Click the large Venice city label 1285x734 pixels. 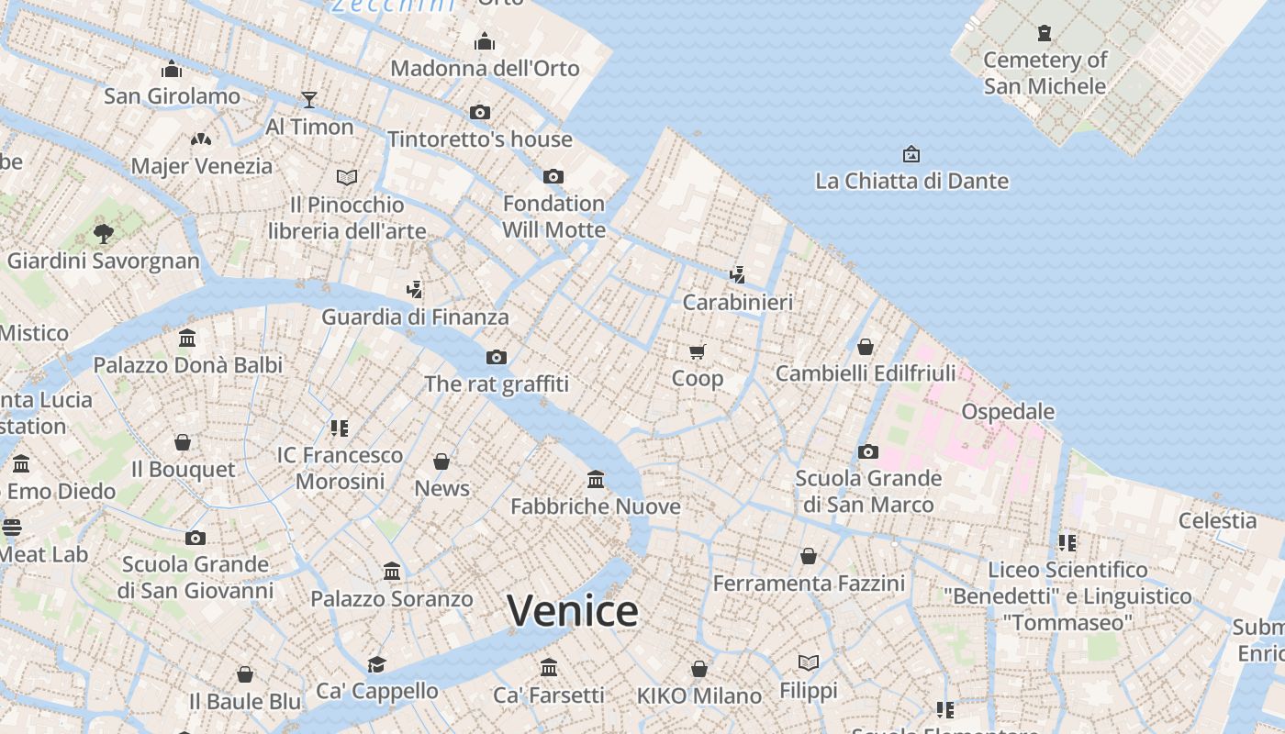572,611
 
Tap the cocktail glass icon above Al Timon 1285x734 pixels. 309,99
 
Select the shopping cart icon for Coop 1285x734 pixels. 698,351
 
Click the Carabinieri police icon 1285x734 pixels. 737,273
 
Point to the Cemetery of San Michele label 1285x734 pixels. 1045,72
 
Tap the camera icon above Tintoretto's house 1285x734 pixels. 479,112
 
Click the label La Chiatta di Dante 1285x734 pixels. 911,181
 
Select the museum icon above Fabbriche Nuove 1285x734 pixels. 596,479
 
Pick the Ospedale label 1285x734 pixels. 1008,411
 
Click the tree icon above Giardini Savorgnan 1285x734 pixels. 103,233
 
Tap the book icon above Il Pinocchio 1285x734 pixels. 346,177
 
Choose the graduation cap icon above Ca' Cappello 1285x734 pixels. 376,663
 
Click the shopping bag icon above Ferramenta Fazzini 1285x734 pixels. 809,556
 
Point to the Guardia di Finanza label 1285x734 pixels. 415,317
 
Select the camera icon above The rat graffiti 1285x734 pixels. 497,357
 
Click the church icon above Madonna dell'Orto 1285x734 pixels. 485,41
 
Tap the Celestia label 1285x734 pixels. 1217,520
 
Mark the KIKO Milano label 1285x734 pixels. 699,695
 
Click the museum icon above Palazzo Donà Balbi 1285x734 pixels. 188,338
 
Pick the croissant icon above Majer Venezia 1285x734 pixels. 201,139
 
